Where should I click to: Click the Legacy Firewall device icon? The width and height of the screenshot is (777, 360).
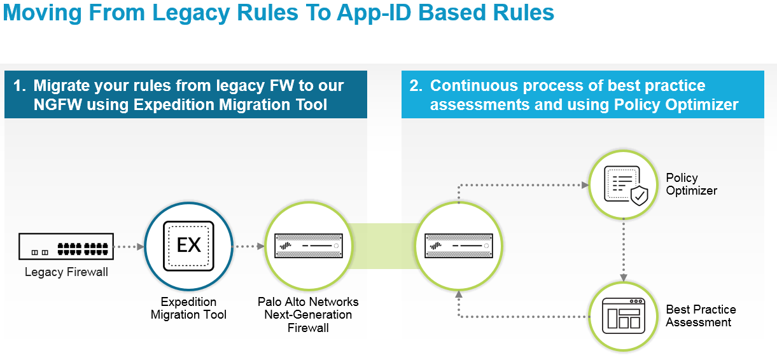click(x=66, y=246)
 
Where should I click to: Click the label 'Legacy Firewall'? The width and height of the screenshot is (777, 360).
click(x=66, y=272)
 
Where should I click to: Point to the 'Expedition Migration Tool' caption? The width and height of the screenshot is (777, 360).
click(x=188, y=308)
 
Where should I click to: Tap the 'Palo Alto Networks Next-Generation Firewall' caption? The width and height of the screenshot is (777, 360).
click(x=308, y=314)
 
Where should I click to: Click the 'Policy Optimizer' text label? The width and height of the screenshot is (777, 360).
click(x=691, y=184)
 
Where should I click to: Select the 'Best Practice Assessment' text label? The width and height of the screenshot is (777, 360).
click(x=701, y=315)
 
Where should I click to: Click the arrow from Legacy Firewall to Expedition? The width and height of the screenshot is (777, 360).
click(x=129, y=246)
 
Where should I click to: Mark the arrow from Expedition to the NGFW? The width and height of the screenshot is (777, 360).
click(x=249, y=246)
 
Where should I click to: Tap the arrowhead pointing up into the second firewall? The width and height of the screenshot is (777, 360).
click(x=458, y=294)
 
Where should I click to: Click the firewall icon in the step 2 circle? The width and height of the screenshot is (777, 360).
click(x=458, y=246)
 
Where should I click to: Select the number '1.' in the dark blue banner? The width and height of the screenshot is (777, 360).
click(x=19, y=86)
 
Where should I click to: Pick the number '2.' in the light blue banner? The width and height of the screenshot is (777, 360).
click(x=416, y=86)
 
